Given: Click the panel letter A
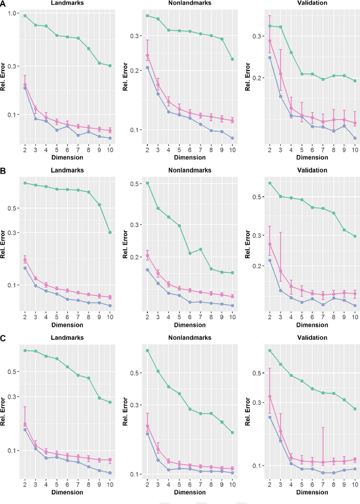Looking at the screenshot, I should (3, 3).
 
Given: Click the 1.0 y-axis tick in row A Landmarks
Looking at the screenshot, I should (12, 13).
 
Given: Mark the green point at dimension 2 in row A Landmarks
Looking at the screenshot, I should (25, 16).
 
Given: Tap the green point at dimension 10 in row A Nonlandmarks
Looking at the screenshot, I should (232, 59).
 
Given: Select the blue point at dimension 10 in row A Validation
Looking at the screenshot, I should (354, 138).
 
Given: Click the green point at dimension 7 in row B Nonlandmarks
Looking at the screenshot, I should (201, 249).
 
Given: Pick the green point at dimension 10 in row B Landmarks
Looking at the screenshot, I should (110, 232).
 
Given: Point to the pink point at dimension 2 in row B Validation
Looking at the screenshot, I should (270, 244).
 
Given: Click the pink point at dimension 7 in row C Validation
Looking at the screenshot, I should (323, 462).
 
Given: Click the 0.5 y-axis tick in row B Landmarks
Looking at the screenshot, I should (13, 208).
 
